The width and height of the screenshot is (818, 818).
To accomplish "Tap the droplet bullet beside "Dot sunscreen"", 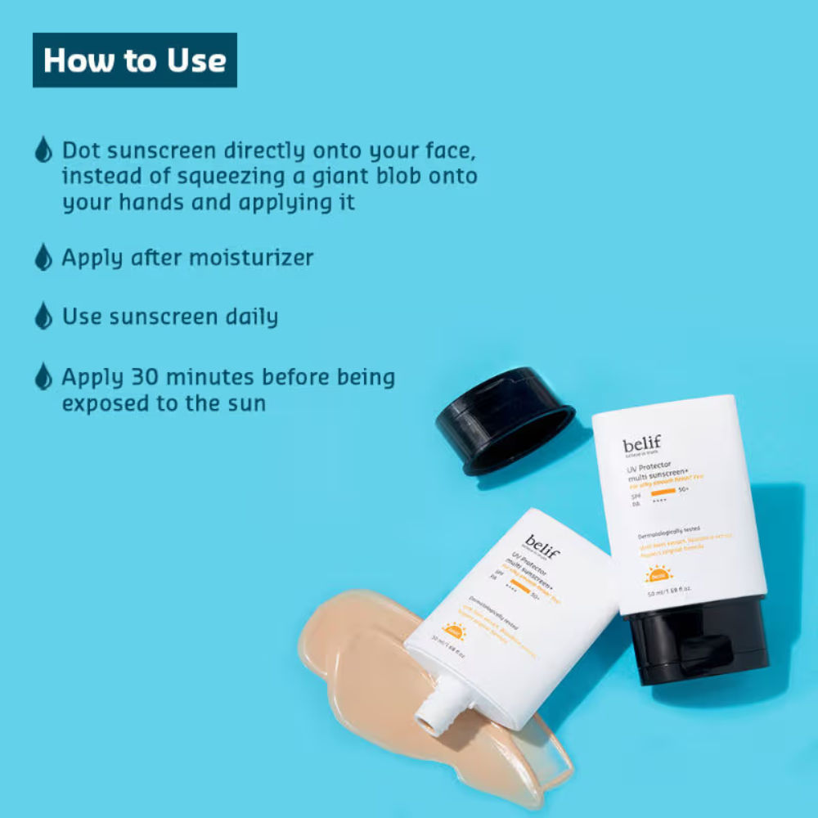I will pyautogui.click(x=43, y=150).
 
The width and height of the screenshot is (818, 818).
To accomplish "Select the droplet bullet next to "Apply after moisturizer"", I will pyautogui.click(x=43, y=257).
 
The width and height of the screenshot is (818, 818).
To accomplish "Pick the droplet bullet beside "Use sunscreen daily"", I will pyautogui.click(x=43, y=316).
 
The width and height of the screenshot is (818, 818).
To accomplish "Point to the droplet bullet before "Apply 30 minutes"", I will pyautogui.click(x=43, y=376).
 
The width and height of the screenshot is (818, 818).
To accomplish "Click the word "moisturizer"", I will pyautogui.click(x=251, y=258).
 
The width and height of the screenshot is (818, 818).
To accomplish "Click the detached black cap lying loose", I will pyautogui.click(x=504, y=418).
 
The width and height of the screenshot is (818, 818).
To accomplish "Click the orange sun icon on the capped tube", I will pyautogui.click(x=658, y=573).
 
